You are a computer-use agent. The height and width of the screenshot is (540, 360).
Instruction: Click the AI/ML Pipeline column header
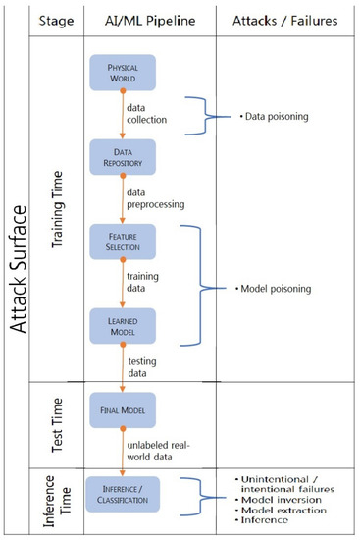(155, 19)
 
